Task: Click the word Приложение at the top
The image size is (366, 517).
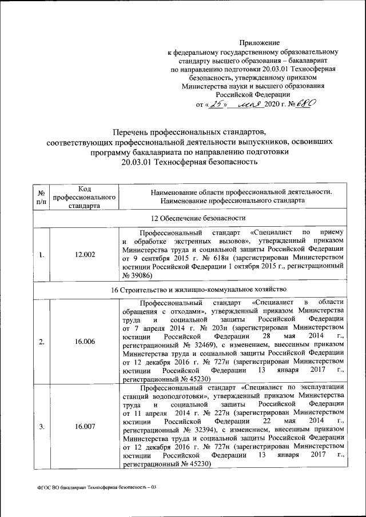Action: coord(260,42)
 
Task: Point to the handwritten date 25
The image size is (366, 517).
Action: coord(216,105)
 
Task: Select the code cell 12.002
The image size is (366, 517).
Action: coord(85,255)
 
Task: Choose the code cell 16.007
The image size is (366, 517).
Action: coord(85,426)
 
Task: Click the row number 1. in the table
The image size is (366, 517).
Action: coord(42,255)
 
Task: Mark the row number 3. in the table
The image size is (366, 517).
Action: coord(42,426)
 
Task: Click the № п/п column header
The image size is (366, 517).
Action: coord(42,197)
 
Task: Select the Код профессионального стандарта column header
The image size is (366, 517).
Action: coord(85,197)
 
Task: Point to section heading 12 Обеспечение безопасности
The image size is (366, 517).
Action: coord(189,218)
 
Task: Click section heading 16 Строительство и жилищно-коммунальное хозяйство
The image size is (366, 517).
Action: coord(189,290)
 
